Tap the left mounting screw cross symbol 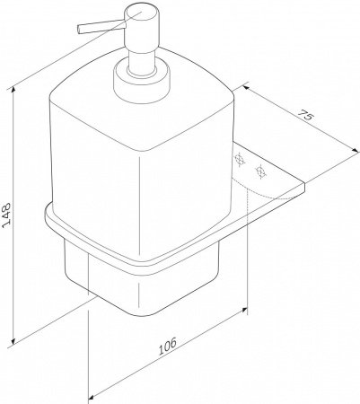pos(240,160)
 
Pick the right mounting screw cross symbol pos(261,171)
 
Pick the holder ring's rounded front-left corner pos(49,215)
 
